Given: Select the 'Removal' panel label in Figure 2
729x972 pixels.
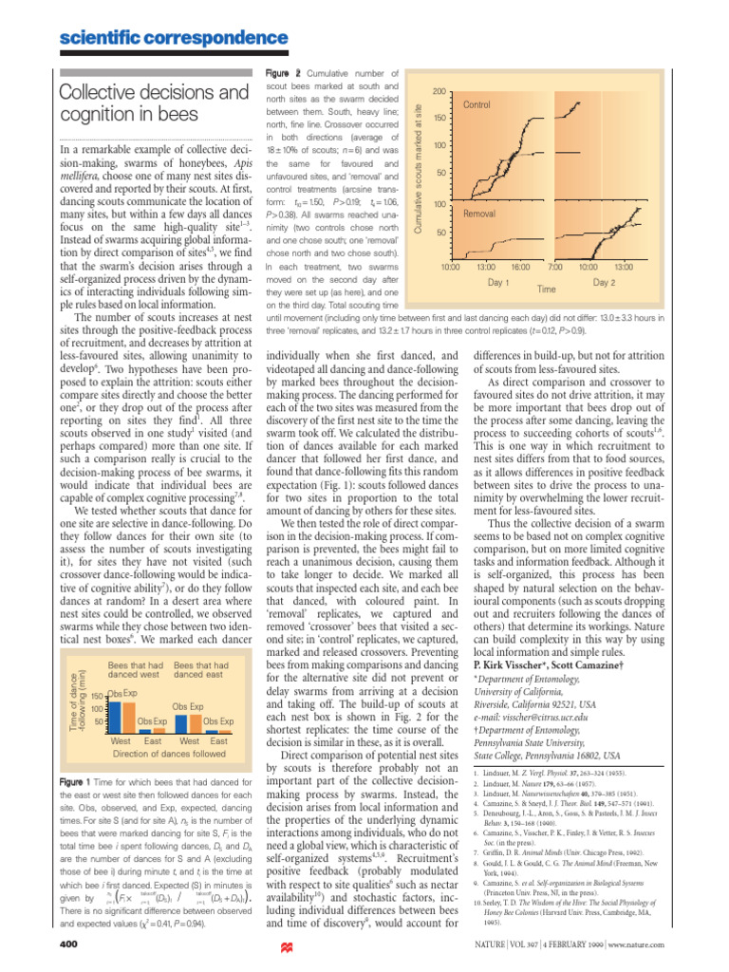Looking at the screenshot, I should [480, 215].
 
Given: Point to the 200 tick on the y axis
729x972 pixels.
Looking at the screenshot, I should [439, 90].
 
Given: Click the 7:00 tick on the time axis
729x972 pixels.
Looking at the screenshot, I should [556, 268].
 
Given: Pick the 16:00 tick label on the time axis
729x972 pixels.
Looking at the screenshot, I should [521, 268].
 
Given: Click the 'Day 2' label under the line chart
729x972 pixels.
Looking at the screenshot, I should [605, 282].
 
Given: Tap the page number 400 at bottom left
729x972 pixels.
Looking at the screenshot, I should [68, 944].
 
